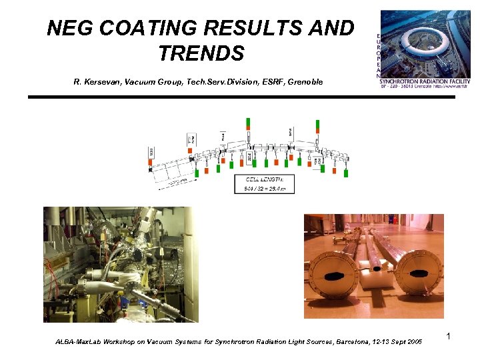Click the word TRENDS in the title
click(x=201, y=53)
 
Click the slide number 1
click(x=449, y=337)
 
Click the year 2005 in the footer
click(x=413, y=342)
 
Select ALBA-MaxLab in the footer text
click(x=77, y=342)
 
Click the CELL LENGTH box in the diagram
click(x=264, y=183)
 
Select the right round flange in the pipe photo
click(x=418, y=273)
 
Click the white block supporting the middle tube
click(x=377, y=275)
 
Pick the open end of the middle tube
click(x=378, y=267)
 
